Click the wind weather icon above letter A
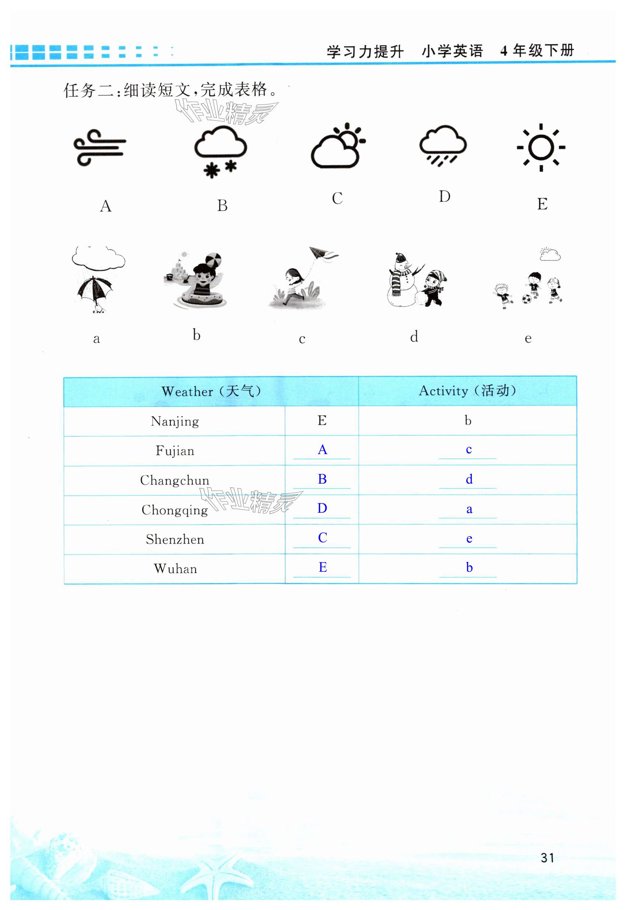pos(100,148)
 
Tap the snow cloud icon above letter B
pos(220,151)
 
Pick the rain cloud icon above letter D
pos(443,145)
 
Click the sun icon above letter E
pos(541,148)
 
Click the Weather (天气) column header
pos(211,391)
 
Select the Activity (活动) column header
pos(467,391)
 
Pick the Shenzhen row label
pos(175,540)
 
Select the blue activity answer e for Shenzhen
pos(469,539)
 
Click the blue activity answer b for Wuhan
pos(469,567)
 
